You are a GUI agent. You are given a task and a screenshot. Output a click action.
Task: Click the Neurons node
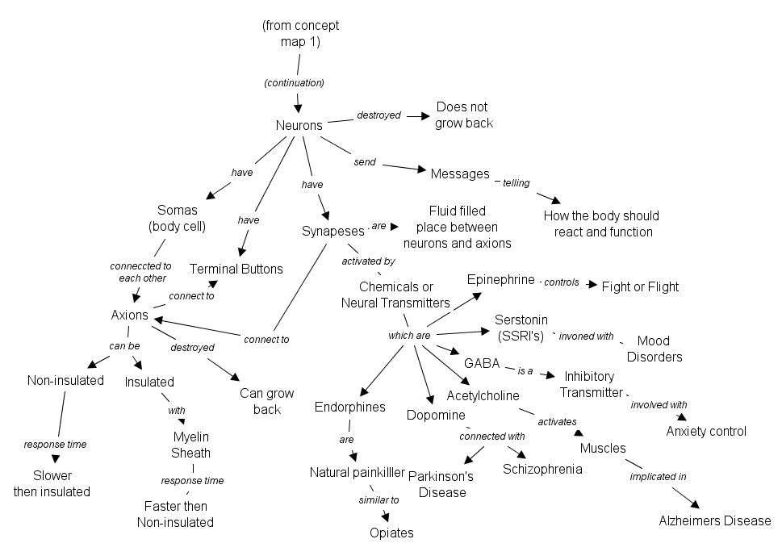click(x=299, y=125)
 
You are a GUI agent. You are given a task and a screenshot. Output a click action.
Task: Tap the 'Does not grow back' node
click(x=463, y=115)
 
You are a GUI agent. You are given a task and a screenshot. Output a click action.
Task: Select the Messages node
click(x=460, y=173)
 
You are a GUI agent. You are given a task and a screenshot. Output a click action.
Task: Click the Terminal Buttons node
click(x=236, y=269)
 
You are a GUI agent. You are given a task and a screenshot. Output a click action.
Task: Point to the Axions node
click(x=129, y=315)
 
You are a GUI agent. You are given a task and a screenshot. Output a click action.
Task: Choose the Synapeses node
click(x=333, y=232)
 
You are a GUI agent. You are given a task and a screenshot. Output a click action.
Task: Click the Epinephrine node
click(x=500, y=279)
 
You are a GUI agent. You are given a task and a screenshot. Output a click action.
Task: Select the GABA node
click(x=483, y=362)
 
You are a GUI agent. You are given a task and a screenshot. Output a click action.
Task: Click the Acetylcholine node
click(x=483, y=395)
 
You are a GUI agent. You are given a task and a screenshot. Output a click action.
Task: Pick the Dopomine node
click(x=436, y=415)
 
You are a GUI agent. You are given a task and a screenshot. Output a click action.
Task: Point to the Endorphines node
click(x=350, y=407)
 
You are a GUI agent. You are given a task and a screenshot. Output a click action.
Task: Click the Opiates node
click(x=391, y=533)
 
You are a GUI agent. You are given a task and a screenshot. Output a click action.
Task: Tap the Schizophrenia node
click(x=542, y=469)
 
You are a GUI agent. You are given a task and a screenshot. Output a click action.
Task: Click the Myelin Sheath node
click(x=192, y=445)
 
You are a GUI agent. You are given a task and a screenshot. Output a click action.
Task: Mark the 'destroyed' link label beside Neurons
click(x=378, y=115)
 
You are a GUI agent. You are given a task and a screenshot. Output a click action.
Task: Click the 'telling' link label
click(x=516, y=183)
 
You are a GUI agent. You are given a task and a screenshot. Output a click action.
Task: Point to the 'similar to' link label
click(x=379, y=500)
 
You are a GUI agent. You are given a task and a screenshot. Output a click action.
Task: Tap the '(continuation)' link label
click(x=294, y=82)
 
